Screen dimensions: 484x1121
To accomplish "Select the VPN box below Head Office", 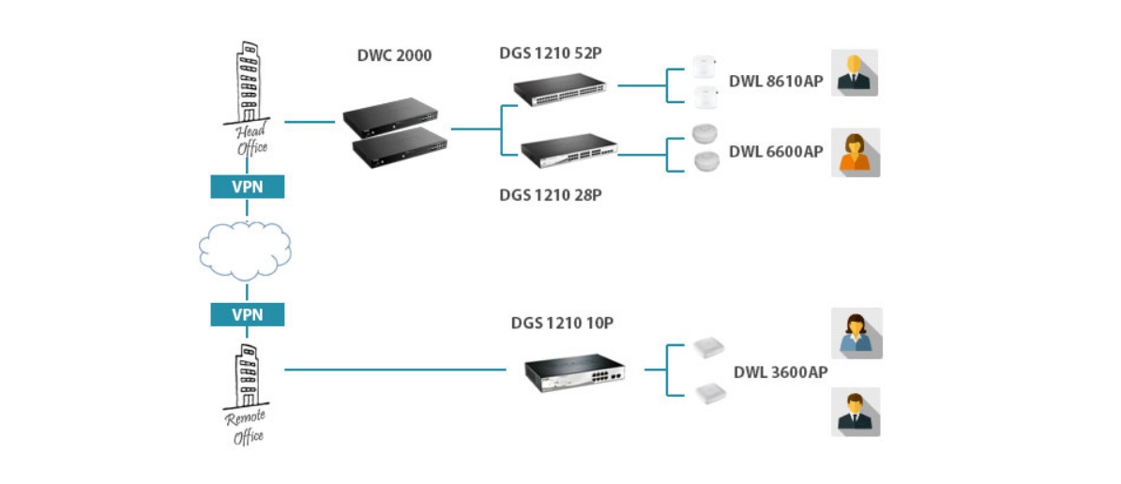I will [247, 187].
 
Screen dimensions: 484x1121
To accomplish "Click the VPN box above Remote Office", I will [247, 314].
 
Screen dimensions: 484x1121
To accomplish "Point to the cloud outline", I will [246, 250].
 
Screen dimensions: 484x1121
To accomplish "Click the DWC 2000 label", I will [394, 56].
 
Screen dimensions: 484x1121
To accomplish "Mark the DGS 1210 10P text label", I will [563, 323].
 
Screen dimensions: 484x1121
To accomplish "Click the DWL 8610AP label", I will [776, 82].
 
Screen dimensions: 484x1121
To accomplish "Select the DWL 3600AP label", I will [780, 372].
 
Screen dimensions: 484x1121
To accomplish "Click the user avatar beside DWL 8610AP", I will [855, 73].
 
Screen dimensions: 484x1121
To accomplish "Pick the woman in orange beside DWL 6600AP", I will [855, 153].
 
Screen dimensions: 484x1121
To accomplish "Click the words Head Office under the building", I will [250, 139].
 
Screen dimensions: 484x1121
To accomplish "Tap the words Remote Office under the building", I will [247, 427].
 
